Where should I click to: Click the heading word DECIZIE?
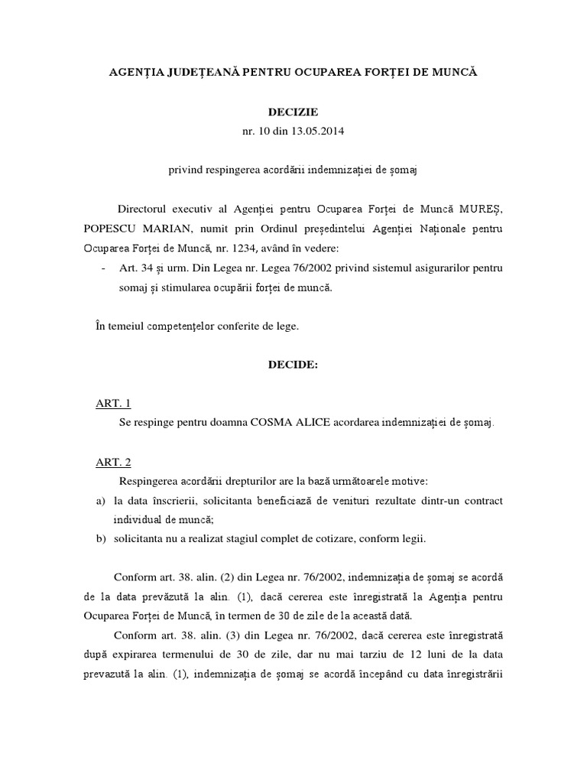293,112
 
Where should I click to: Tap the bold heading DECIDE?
293,365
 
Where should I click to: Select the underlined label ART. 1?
113,403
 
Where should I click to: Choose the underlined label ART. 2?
113,462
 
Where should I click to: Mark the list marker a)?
99,500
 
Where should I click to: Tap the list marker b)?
99,538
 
